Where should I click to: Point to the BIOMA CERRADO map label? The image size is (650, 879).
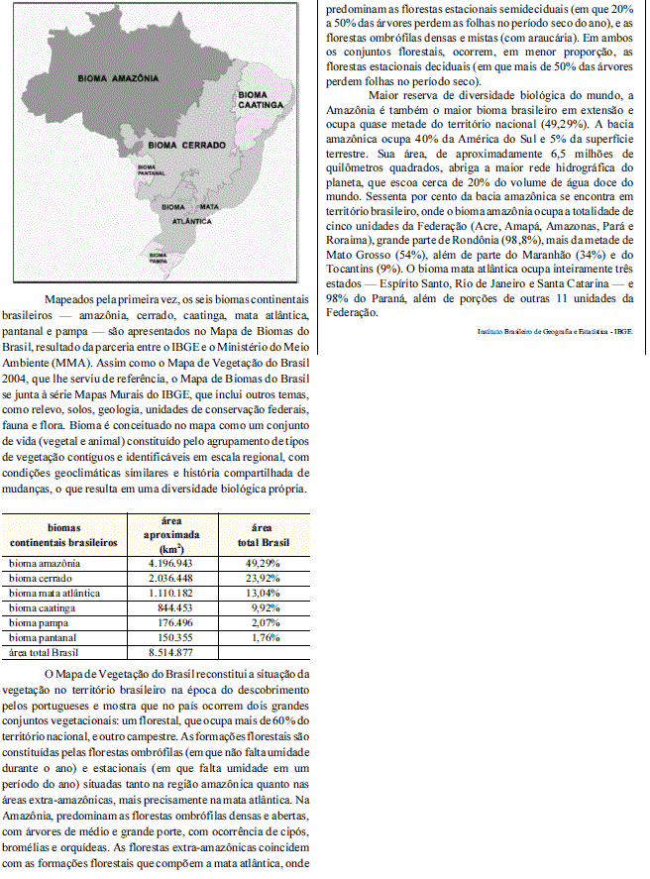pos(183,145)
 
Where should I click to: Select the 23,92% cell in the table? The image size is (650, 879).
pos(262,578)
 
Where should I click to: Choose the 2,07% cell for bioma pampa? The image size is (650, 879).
pos(262,622)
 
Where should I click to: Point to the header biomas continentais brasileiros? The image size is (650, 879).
pos(63,536)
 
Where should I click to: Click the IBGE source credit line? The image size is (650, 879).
pos(554,333)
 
